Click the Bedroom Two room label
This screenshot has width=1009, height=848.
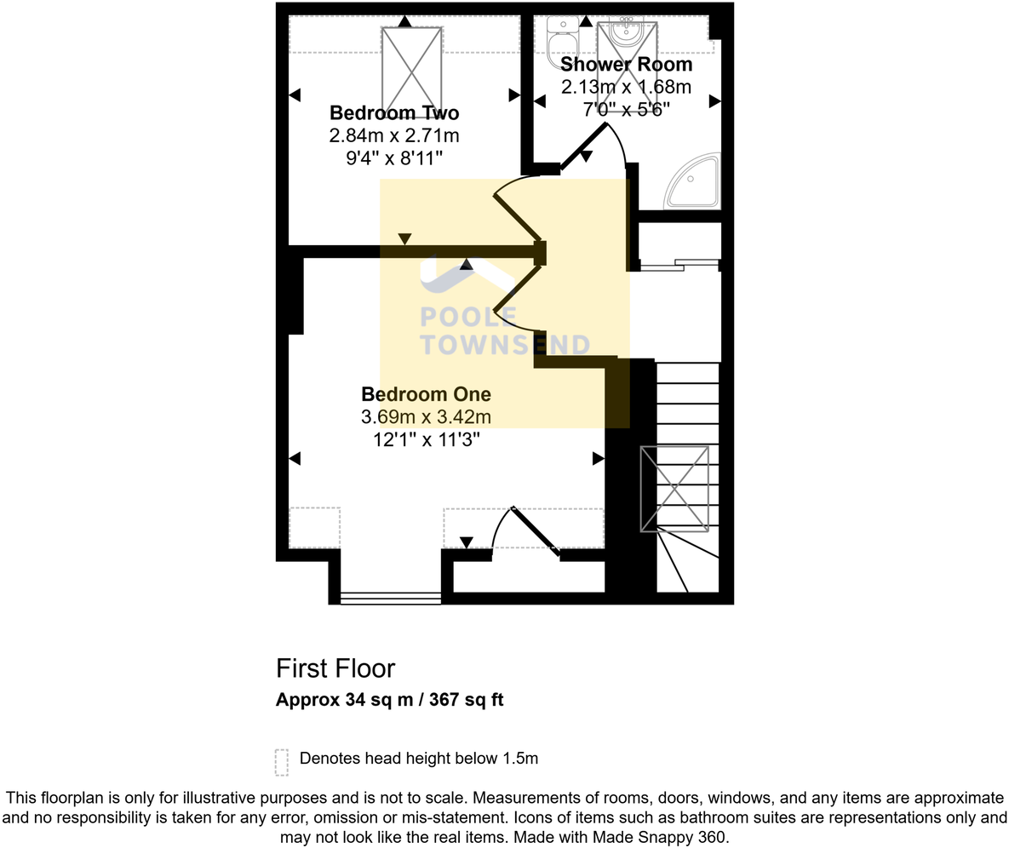(x=394, y=113)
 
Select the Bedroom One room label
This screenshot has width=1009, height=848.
(x=426, y=394)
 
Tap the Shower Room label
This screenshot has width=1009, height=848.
(x=626, y=65)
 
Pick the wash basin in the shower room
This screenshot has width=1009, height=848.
(x=628, y=32)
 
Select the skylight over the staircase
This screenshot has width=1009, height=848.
(x=674, y=488)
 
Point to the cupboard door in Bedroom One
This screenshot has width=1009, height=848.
(x=535, y=531)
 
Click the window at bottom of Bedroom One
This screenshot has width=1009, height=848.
(x=390, y=599)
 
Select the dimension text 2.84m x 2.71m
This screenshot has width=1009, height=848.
(x=394, y=136)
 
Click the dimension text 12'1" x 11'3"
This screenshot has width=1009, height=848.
(x=426, y=440)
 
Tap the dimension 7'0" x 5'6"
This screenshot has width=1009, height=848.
(x=626, y=109)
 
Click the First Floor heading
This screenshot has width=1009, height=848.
(x=335, y=668)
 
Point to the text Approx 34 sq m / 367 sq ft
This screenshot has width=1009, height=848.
(x=389, y=701)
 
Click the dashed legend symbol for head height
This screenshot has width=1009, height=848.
(x=282, y=762)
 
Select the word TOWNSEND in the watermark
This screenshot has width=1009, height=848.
(x=505, y=345)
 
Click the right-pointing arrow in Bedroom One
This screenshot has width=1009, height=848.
(x=598, y=459)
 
